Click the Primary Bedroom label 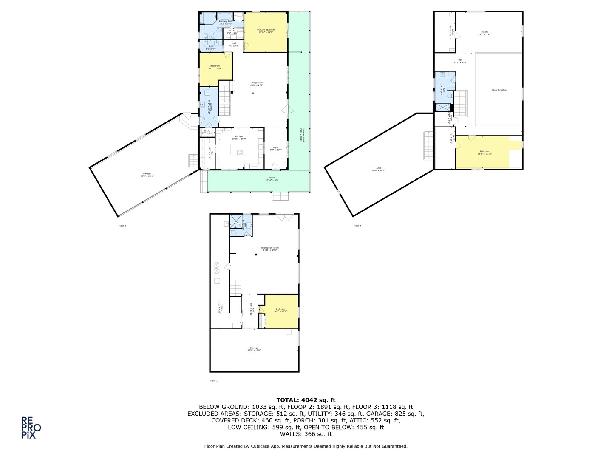click(266, 31)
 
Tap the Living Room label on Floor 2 click(257, 84)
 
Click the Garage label click(147, 174)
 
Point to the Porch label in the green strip click(272, 178)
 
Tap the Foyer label click(276, 148)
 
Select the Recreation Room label click(270, 249)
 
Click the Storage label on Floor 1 click(254, 349)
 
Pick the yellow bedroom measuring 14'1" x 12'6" click(280, 310)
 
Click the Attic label click(378, 169)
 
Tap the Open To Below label click(499, 90)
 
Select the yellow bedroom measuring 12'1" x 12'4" click(215, 67)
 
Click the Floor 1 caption click(214, 381)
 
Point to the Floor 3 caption click(357, 226)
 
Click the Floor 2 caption click(122, 226)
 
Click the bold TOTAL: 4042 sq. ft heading click(306, 400)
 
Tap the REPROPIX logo click(31, 428)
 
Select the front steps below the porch click(281, 196)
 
